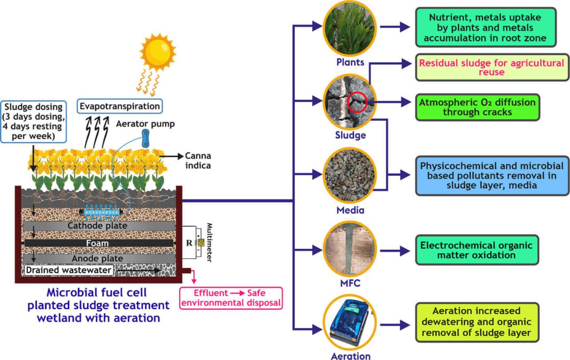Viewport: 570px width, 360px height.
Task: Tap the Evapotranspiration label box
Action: coord(119,106)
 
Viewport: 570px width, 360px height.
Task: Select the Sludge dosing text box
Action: coord(33,121)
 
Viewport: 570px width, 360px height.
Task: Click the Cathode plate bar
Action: coord(98,226)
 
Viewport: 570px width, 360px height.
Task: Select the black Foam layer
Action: coord(98,243)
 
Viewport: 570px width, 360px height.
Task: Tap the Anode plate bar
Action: coord(98,258)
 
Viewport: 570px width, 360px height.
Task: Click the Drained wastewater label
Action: coord(69,270)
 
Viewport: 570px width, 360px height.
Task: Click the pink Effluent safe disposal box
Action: coord(231,298)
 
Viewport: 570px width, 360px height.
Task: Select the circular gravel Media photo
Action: coord(350,175)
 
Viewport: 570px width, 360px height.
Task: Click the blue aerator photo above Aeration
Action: coord(350,323)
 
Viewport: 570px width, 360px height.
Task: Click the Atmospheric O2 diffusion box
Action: coord(477,107)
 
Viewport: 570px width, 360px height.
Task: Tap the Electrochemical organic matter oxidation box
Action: coord(476,250)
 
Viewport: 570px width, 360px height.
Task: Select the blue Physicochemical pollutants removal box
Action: coord(492,176)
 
